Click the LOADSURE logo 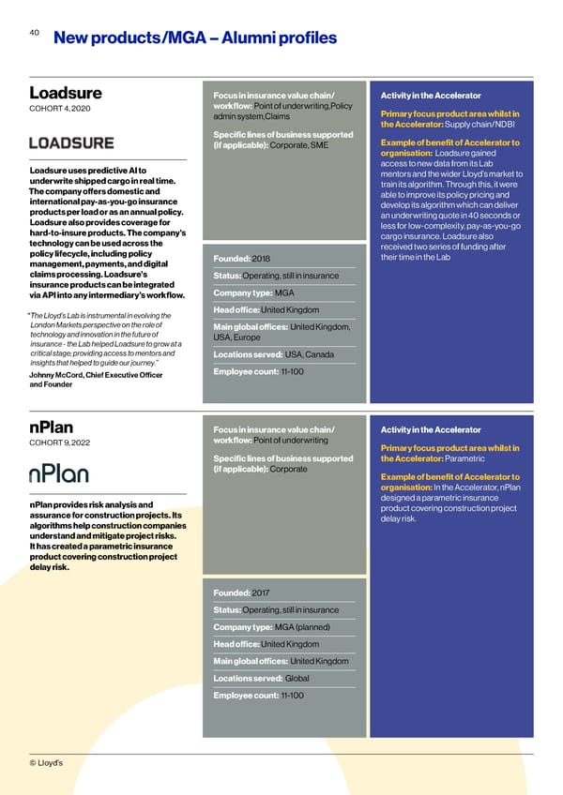(x=71, y=142)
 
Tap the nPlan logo (x=64, y=472)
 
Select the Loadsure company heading (x=66, y=94)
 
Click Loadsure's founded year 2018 (x=260, y=258)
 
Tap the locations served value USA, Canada (x=309, y=354)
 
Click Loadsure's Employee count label (x=246, y=372)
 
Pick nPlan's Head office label (x=236, y=644)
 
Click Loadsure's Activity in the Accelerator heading (x=431, y=96)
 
